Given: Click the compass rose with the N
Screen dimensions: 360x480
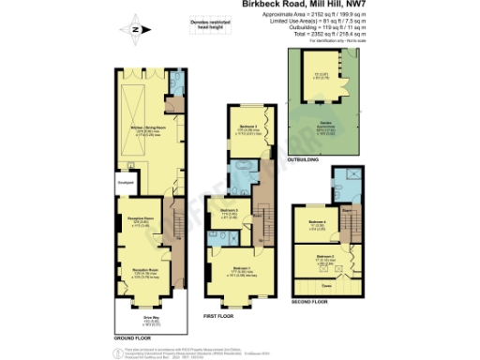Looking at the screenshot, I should click(134, 30).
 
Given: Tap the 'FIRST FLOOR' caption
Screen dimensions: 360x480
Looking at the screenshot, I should click(218, 317).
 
